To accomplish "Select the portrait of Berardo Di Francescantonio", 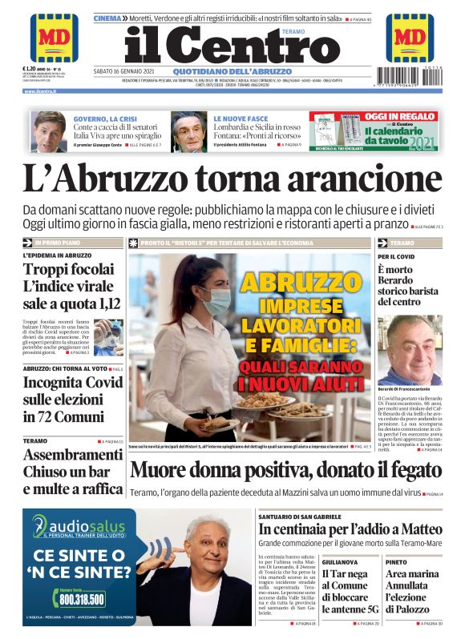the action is pos(410,350).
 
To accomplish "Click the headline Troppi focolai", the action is pos(64,271).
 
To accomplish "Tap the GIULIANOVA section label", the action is pos(340,562).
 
